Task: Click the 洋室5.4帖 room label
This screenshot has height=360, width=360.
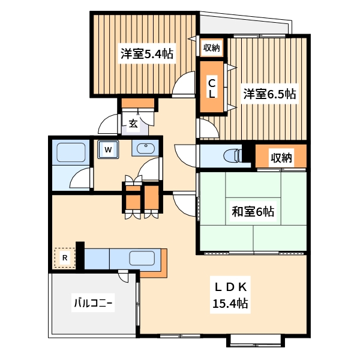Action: pos(146,54)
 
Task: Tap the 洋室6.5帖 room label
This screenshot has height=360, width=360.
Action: pos(269,94)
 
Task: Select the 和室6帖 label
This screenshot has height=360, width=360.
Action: pos(253,211)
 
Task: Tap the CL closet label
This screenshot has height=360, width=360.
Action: pos(212,88)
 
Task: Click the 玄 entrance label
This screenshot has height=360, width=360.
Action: pos(133,124)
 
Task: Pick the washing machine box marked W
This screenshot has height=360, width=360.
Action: pos(108,149)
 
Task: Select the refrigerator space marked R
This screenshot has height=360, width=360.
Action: pos(65,259)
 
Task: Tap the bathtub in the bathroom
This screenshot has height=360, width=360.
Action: pos(71,154)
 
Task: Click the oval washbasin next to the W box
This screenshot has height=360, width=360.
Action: pos(146,149)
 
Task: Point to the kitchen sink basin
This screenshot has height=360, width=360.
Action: pos(142,260)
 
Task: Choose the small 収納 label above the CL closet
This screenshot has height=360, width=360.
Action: pos(211,47)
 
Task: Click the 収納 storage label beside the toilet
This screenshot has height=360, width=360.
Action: pos(280,158)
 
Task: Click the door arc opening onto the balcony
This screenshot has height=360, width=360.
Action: pos(124,276)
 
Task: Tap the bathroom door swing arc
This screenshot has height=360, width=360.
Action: pos(81,178)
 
